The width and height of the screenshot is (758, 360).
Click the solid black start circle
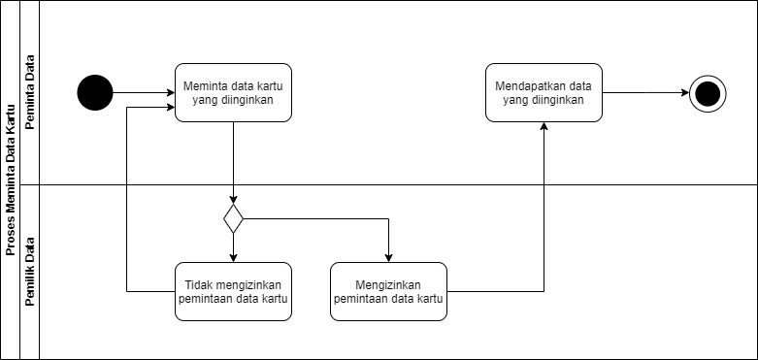tap(95, 93)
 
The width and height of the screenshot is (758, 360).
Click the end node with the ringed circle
tap(708, 93)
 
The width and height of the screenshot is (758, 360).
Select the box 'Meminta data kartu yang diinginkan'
tap(233, 92)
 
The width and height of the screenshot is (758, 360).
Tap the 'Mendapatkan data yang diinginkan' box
tap(544, 92)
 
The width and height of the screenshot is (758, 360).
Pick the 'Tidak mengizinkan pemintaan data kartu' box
tap(233, 291)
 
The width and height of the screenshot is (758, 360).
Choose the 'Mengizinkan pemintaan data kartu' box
tap(388, 291)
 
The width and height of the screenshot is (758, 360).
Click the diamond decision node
tap(233, 218)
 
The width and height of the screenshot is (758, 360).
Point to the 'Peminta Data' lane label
tap(30, 92)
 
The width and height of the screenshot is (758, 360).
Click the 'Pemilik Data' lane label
tap(30, 272)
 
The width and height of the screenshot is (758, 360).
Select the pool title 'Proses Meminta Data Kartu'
tap(10, 180)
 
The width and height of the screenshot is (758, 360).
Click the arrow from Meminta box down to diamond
tap(233, 160)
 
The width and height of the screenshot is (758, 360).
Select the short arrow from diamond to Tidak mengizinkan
tap(233, 247)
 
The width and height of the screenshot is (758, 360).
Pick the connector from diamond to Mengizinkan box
tap(320, 218)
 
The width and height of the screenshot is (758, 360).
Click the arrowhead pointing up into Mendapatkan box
tap(544, 128)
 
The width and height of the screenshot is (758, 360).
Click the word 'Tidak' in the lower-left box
tap(199, 284)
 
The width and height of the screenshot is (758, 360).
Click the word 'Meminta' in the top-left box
tap(204, 85)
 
